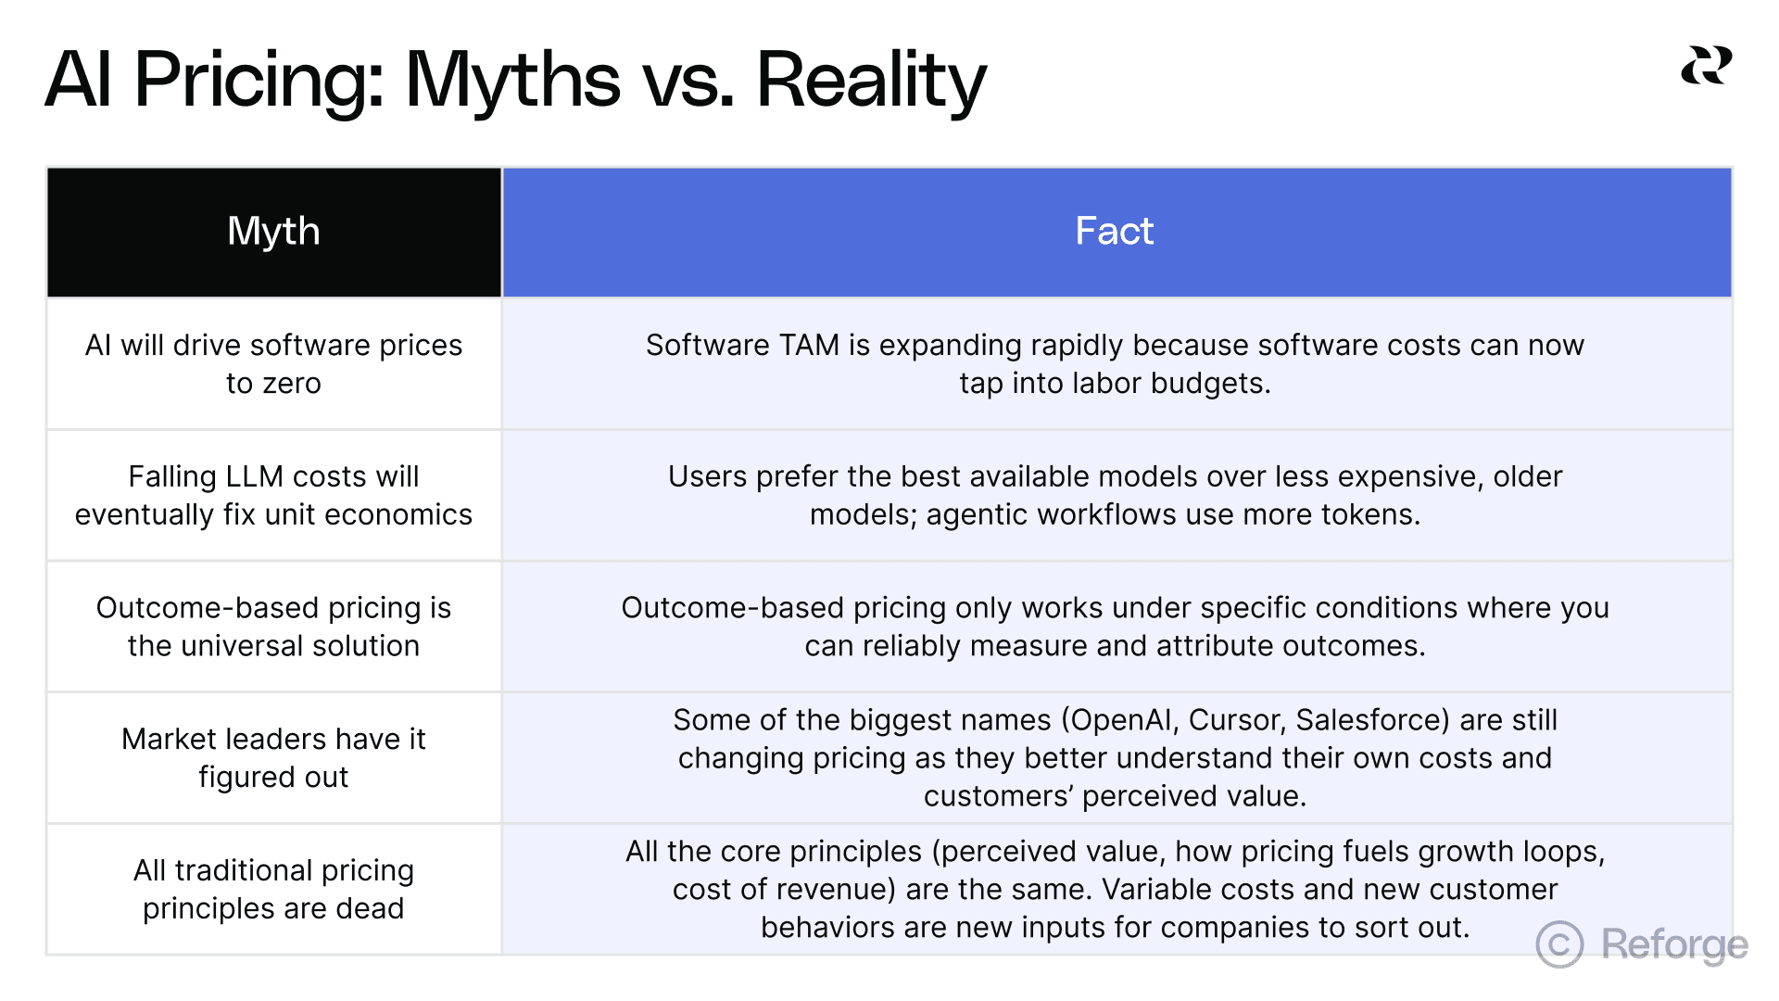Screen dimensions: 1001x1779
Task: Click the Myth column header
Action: [273, 232]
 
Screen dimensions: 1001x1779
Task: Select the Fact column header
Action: [1115, 232]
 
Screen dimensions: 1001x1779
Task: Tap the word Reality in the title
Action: [871, 81]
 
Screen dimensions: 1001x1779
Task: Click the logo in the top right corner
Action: [1706, 66]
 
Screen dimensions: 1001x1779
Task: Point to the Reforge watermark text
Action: [1674, 944]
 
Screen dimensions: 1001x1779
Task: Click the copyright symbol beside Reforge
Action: [1559, 944]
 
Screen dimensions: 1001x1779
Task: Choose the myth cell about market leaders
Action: [273, 758]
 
